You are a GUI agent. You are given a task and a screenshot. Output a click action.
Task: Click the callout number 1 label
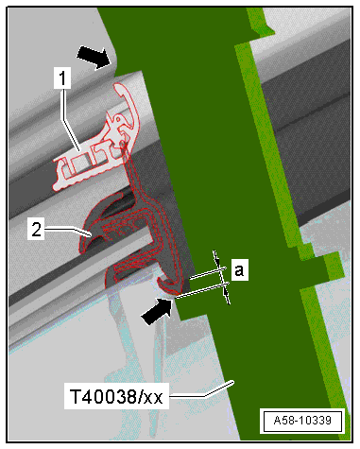(62, 78)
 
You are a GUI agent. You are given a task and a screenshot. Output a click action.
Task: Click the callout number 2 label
(36, 230)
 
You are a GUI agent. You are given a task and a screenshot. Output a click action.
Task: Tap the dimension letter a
(240, 269)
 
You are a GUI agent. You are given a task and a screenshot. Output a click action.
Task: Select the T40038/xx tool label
(116, 396)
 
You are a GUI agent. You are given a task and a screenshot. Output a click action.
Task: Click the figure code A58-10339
(302, 421)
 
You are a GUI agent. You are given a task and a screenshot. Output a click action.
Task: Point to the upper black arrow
(94, 57)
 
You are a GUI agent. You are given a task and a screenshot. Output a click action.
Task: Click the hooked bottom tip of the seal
(168, 285)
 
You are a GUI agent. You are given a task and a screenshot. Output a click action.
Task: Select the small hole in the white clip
(118, 120)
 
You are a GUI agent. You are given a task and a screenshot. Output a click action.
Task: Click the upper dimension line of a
(208, 273)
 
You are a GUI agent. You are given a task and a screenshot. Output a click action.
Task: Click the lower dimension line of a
(201, 290)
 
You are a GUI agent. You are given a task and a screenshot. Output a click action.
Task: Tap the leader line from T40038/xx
(201, 389)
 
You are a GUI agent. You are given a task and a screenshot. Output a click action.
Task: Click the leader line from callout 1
(68, 120)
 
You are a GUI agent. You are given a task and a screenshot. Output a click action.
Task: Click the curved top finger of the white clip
(131, 104)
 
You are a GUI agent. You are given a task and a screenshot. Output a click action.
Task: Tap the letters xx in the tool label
(153, 398)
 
